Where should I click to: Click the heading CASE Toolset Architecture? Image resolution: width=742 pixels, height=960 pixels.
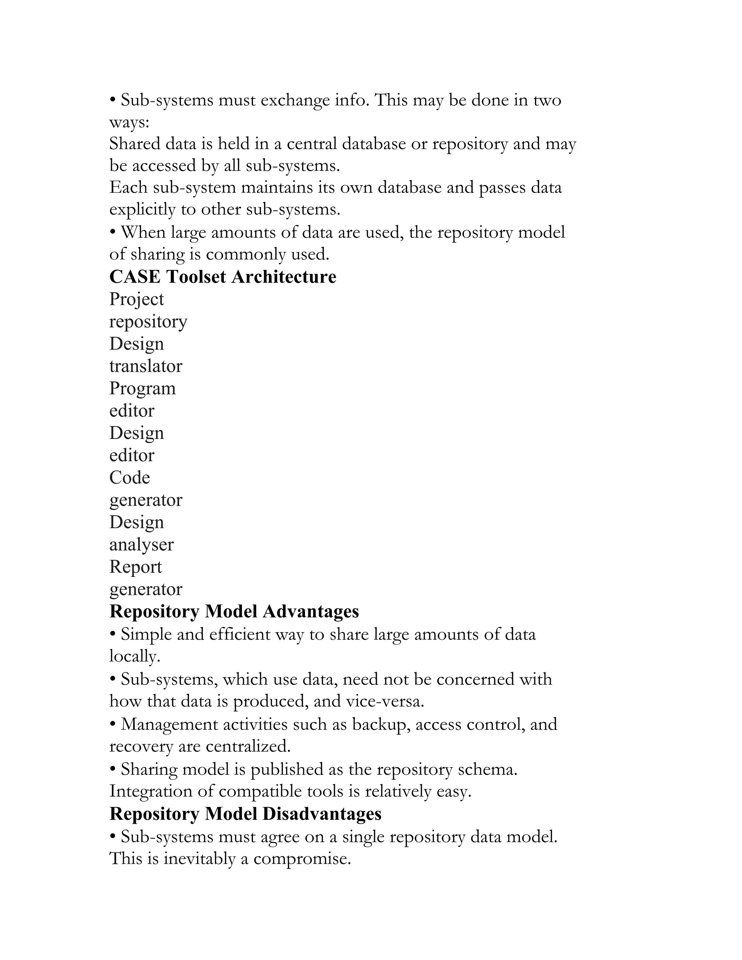pyautogui.click(x=222, y=277)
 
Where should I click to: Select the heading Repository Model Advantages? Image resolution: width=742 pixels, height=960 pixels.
pyautogui.click(x=234, y=612)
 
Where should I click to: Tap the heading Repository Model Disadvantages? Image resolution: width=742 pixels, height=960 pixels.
pyautogui.click(x=245, y=814)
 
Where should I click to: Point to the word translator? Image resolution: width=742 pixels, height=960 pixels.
pyautogui.click(x=146, y=366)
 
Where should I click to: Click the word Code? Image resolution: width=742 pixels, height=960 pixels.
pyautogui.click(x=130, y=478)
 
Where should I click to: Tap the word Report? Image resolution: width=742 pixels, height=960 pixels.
pyautogui.click(x=136, y=567)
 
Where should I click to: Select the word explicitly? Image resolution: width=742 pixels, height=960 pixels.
pyautogui.click(x=142, y=210)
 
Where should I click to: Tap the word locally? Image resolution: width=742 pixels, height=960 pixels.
pyautogui.click(x=134, y=656)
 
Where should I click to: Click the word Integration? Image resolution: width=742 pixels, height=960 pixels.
pyautogui.click(x=150, y=791)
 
